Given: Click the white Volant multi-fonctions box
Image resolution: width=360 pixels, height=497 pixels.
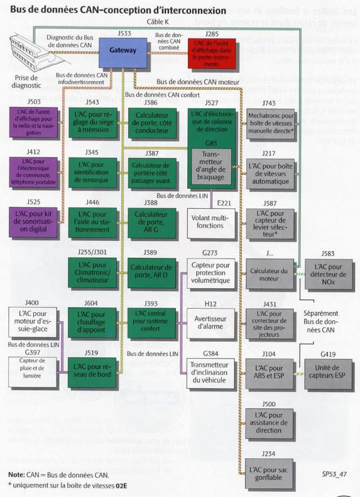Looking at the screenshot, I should click(x=211, y=222).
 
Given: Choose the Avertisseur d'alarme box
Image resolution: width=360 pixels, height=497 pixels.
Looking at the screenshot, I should click(x=211, y=324).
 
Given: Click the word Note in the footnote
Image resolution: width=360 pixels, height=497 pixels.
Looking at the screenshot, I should click(x=16, y=474).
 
